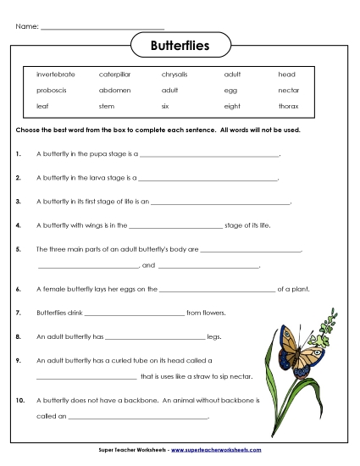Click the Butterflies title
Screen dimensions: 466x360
point(180,44)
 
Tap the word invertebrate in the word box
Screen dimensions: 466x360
point(55,75)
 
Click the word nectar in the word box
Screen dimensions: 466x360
point(288,90)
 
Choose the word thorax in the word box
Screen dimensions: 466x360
point(288,106)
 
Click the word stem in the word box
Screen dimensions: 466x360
point(107,106)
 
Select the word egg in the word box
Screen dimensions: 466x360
point(230,90)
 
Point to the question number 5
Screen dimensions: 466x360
point(19,250)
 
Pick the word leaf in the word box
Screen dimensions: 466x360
point(42,106)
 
